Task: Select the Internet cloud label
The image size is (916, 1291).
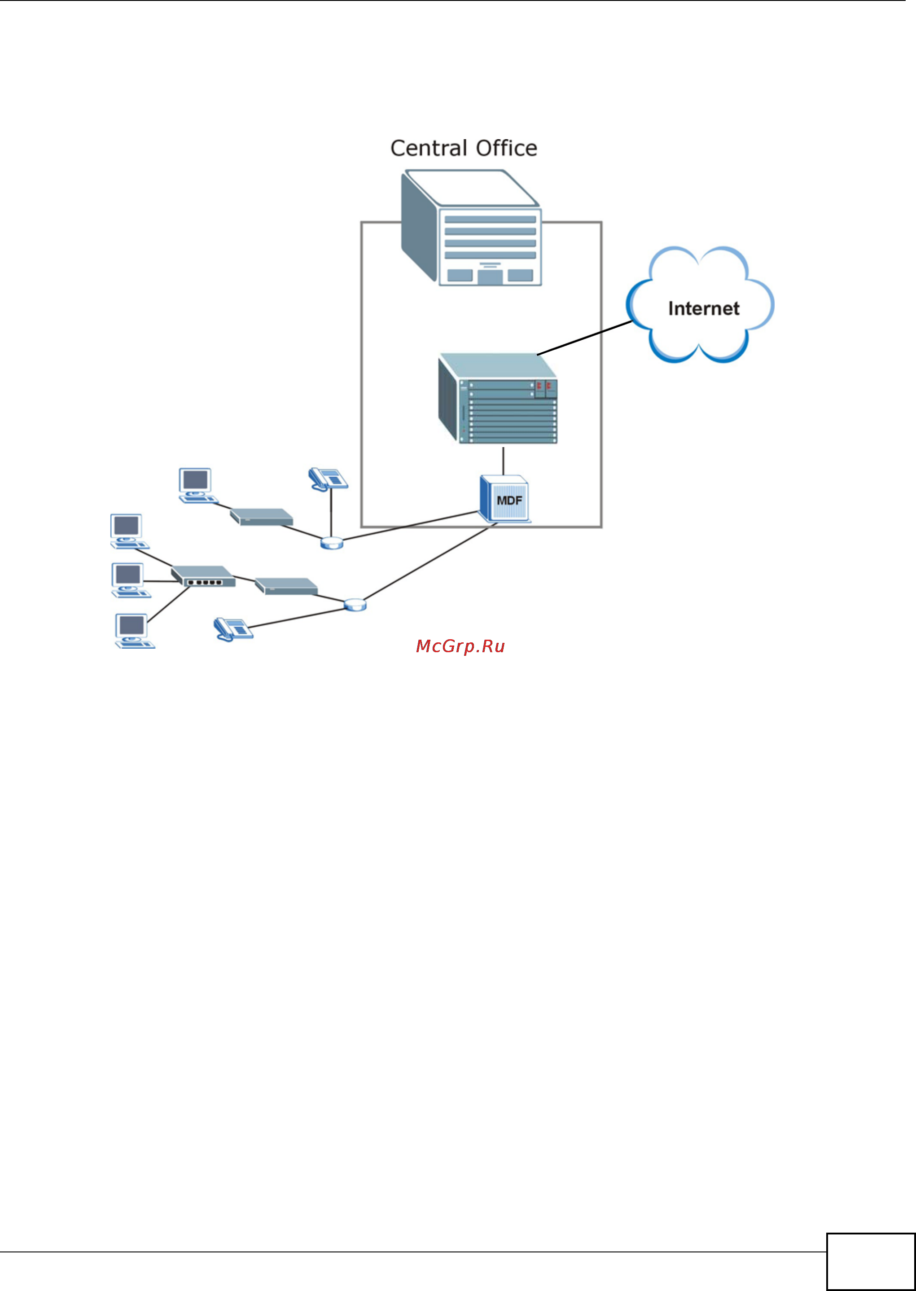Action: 703,308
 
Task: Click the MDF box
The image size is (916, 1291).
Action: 505,499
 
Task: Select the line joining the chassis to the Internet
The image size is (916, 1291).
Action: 584,338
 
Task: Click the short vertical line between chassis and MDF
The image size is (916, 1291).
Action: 503,461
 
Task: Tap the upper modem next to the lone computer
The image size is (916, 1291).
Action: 262,517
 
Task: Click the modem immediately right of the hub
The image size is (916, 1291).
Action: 286,586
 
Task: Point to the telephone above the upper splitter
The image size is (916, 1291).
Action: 328,479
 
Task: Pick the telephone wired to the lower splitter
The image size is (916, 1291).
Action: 233,628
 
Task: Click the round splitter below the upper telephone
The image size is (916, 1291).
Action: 332,543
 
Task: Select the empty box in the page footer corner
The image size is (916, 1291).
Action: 870,1261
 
